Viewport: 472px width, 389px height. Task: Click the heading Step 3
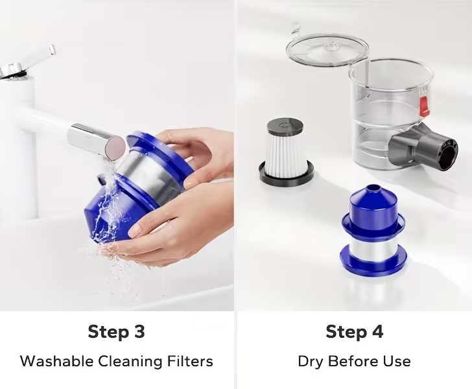pos(117,333)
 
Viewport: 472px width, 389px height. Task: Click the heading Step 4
pos(354,333)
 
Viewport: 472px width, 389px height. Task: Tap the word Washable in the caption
pos(57,361)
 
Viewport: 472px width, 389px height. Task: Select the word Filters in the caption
pos(190,361)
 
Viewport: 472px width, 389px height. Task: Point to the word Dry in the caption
pos(311,362)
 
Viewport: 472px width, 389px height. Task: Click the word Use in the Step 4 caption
pos(397,361)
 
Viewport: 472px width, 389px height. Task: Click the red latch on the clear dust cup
pos(423,106)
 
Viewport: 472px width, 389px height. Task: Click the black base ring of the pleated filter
pos(286,174)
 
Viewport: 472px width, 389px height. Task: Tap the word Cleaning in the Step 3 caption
pos(130,362)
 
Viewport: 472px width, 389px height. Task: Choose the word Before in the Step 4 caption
pos(353,361)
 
